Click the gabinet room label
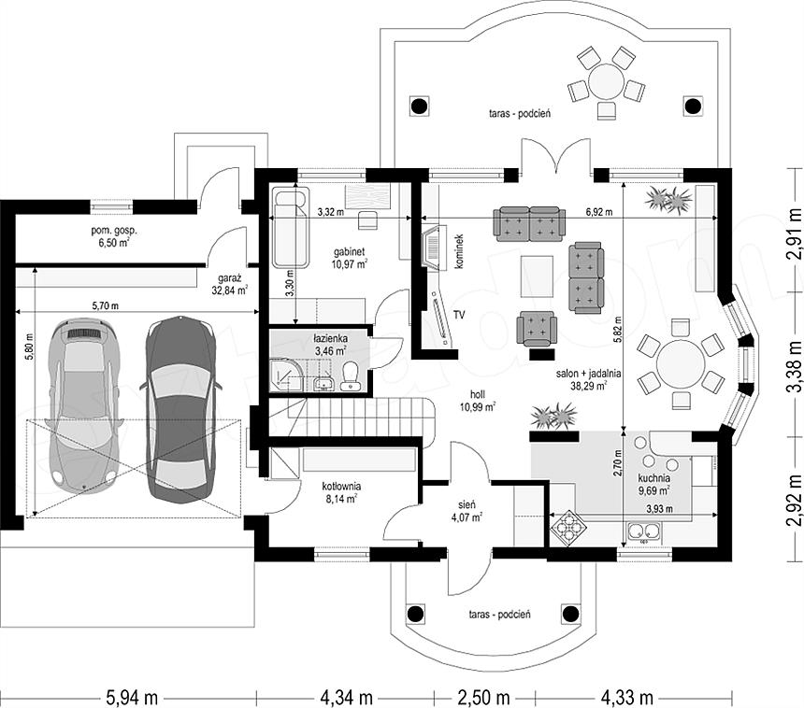[350, 258]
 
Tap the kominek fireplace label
[459, 251]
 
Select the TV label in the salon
[458, 315]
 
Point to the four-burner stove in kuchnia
[567, 528]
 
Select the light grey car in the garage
[84, 405]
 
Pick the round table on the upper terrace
[606, 81]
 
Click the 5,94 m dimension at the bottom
[132, 697]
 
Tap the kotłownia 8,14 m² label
[341, 491]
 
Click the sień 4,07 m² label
[467, 511]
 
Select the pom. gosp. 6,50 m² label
[114, 236]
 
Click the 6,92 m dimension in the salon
[599, 212]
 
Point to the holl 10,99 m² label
[478, 401]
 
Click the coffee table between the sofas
[537, 276]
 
